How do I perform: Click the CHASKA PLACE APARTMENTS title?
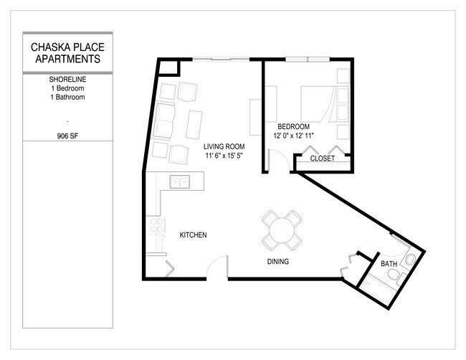68,53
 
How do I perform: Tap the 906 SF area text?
68,133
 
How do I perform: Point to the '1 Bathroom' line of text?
68,97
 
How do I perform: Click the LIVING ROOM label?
225,146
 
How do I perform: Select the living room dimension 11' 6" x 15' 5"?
225,156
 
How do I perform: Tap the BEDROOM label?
293,125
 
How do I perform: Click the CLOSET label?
322,158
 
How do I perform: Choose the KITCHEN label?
193,235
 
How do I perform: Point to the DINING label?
277,262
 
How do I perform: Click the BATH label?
389,265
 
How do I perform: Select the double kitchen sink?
179,182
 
